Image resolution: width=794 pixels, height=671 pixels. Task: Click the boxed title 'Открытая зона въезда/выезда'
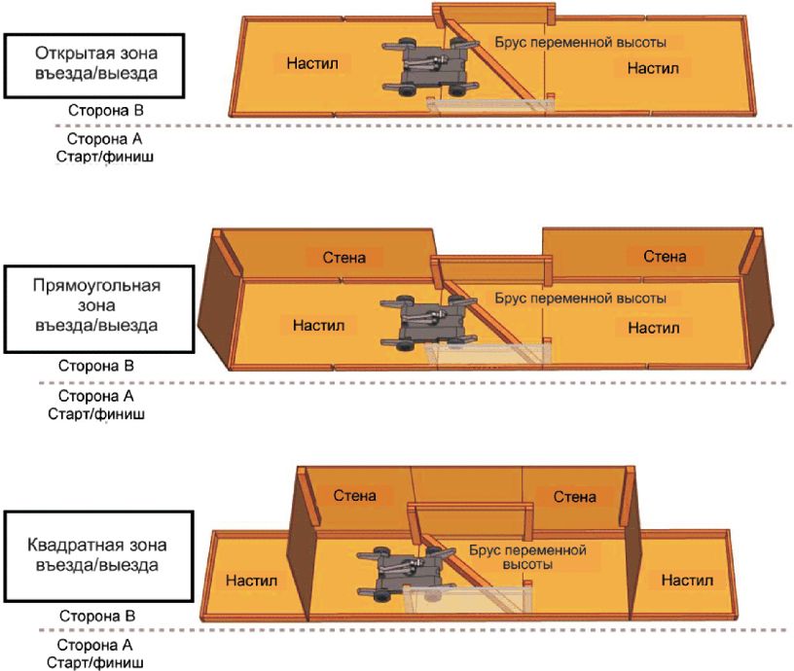coord(94,66)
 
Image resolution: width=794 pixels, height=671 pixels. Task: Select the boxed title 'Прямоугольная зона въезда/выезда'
coord(99,308)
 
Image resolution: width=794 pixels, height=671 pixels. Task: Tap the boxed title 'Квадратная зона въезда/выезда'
coord(98,556)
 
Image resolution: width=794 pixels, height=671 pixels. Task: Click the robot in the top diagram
coord(430,67)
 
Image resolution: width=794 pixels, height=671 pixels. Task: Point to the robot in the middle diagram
coord(429,323)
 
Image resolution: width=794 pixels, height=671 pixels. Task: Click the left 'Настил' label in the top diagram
coord(312,63)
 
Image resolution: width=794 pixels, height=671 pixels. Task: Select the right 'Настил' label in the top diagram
coord(653,68)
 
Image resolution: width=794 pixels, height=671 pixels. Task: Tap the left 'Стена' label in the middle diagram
coord(343,258)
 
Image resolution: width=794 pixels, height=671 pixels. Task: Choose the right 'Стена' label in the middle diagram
coord(665,257)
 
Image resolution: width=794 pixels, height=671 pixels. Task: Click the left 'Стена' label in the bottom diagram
coord(354,495)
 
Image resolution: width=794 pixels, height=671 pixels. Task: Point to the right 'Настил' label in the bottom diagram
coord(687,580)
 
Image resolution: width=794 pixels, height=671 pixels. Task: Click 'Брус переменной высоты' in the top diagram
coord(580,42)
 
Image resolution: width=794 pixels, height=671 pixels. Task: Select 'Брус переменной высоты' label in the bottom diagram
coord(527,557)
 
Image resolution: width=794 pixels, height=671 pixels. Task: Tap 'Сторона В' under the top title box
coord(106,110)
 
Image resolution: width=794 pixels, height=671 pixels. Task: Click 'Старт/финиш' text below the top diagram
coord(105,157)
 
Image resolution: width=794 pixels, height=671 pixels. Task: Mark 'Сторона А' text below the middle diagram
coord(95,396)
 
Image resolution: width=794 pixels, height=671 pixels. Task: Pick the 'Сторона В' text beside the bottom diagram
coord(97,616)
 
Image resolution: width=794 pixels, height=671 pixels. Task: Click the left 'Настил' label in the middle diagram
coord(318,325)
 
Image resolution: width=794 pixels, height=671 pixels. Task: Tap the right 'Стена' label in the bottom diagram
coord(574,496)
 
